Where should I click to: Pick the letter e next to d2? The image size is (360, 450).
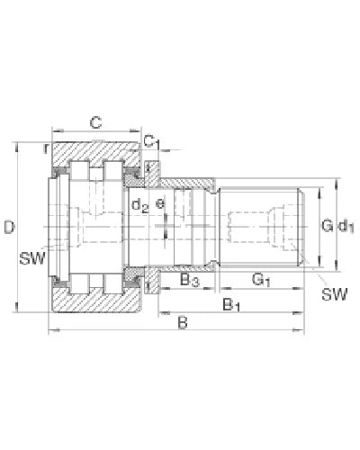click(161, 204)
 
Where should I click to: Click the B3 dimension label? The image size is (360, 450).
click(189, 282)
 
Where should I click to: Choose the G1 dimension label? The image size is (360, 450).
click(262, 282)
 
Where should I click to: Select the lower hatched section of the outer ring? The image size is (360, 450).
click(94, 306)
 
